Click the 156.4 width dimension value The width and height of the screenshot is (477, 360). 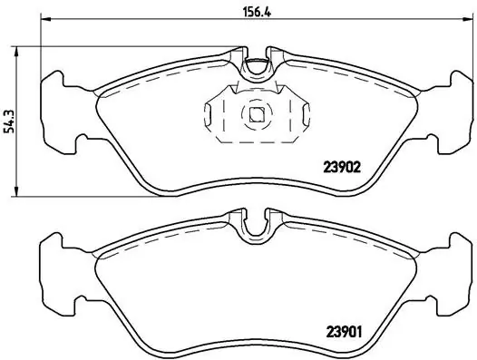(x=257, y=12)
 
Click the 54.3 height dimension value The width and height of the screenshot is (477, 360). (x=9, y=122)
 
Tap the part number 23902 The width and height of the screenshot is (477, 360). (x=342, y=167)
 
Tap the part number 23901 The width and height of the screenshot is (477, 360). (x=344, y=332)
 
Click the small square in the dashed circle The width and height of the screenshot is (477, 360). (x=257, y=115)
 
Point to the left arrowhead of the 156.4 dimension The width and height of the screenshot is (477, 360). (x=45, y=19)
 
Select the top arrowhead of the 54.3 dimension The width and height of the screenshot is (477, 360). (x=16, y=52)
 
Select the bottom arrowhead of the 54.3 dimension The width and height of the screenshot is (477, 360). (x=16, y=191)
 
